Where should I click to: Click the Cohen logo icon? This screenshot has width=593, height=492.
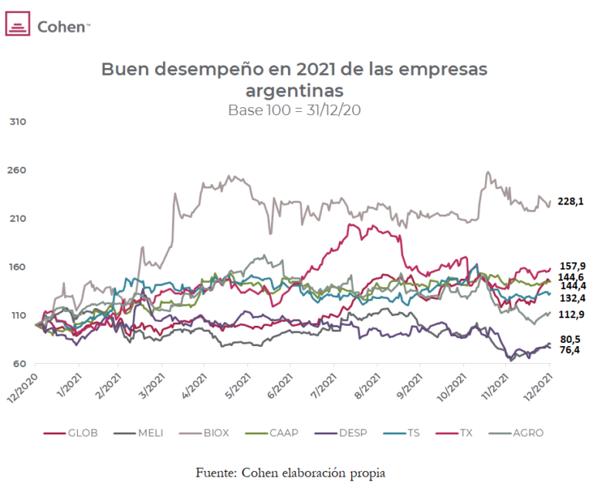pos(18,25)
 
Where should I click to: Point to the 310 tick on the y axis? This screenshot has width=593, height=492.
pos(17,122)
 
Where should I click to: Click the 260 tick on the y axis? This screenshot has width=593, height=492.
pos(17,170)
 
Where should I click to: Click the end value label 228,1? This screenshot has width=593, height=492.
pos(570,202)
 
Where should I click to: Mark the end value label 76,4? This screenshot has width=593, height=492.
pos(570,350)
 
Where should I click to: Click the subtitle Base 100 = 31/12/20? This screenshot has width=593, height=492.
pos(294,110)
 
